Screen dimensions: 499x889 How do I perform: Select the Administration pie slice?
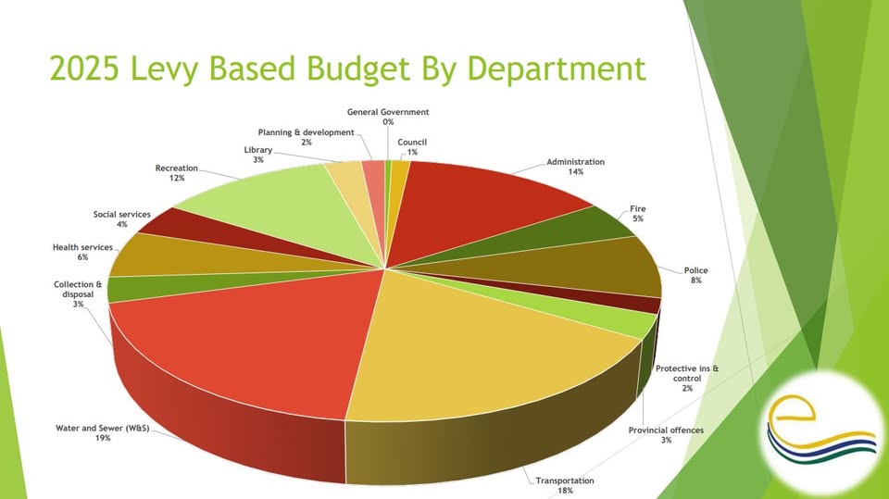pos(482,204)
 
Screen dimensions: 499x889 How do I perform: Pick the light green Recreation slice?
pos(269,204)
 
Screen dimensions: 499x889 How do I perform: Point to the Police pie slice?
pos(593,264)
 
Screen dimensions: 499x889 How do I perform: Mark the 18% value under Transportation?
pos(564,491)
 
